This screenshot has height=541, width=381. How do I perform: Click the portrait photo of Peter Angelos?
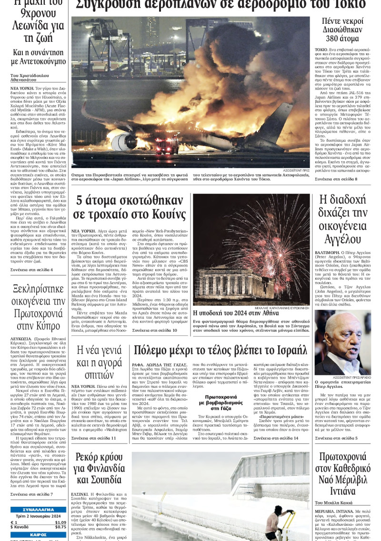(x=342, y=342)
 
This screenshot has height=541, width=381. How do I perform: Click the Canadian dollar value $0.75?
(x=60, y=527)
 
